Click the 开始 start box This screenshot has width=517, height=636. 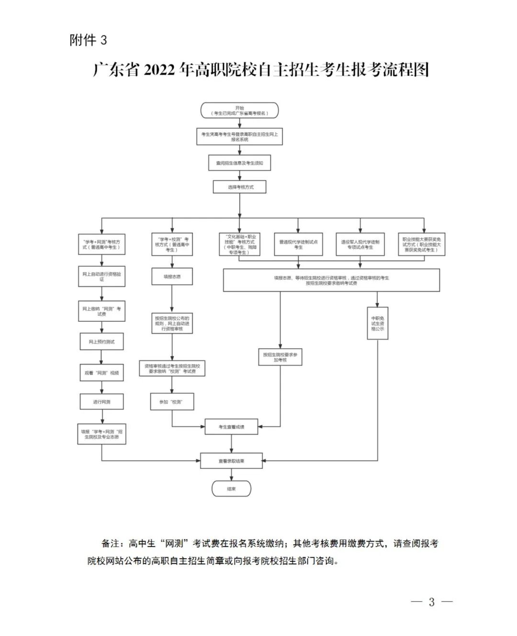pyautogui.click(x=239, y=110)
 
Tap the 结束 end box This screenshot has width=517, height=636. pyautogui.click(x=231, y=489)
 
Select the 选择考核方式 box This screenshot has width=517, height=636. pyautogui.click(x=240, y=187)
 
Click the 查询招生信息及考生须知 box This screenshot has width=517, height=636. pyautogui.click(x=239, y=163)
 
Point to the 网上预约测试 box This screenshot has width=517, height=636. pyautogui.click(x=101, y=342)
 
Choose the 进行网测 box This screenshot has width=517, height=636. pyautogui.click(x=101, y=402)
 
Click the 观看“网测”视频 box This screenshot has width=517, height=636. pyautogui.click(x=101, y=373)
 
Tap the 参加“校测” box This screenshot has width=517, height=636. pyautogui.click(x=172, y=402)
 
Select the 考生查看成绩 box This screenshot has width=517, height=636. pyautogui.click(x=231, y=427)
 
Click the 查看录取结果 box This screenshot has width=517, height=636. pyautogui.click(x=231, y=461)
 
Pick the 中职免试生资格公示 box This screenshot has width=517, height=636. pyautogui.click(x=377, y=323)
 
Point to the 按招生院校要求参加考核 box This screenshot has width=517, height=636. pyautogui.click(x=280, y=357)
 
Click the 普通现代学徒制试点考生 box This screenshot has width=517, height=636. pyautogui.click(x=298, y=244)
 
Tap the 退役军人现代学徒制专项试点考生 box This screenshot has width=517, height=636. pyautogui.click(x=360, y=244)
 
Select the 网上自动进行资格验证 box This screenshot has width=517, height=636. pyautogui.click(x=101, y=277)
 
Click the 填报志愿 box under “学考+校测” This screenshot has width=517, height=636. pyautogui.click(x=172, y=276)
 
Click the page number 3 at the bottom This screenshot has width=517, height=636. pyautogui.click(x=431, y=602)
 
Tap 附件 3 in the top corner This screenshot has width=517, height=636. pyautogui.click(x=88, y=40)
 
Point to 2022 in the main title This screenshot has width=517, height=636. pyautogui.click(x=159, y=70)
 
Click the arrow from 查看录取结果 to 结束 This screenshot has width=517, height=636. pyautogui.click(x=231, y=475)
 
